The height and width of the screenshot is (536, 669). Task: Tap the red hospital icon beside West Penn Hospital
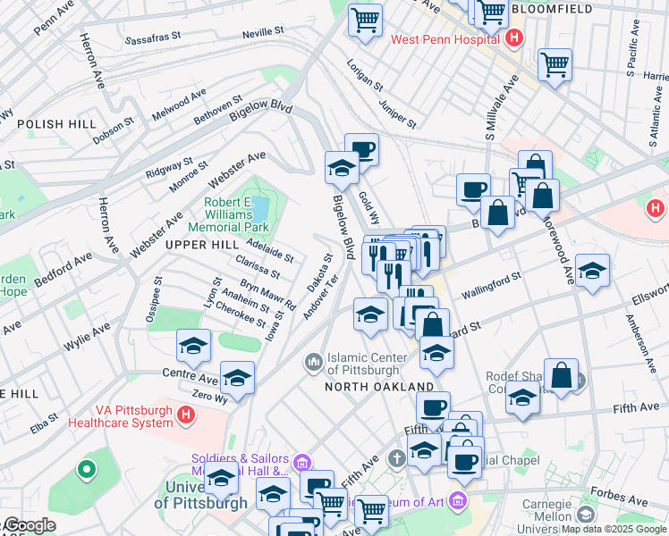click(x=514, y=38)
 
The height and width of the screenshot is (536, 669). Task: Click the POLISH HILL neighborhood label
click(x=48, y=124)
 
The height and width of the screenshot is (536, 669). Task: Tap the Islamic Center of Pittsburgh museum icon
click(x=313, y=362)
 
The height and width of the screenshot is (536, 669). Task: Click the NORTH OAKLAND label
click(x=379, y=386)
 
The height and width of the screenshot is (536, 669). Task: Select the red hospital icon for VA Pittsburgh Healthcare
click(x=186, y=415)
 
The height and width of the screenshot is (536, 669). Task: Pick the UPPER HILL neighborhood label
click(x=199, y=244)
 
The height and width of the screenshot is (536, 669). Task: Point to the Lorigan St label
click(x=366, y=76)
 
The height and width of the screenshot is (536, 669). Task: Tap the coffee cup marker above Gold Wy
click(x=361, y=148)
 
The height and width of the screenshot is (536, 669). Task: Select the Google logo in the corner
click(x=29, y=526)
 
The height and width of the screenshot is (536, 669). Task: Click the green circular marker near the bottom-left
click(x=87, y=468)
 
